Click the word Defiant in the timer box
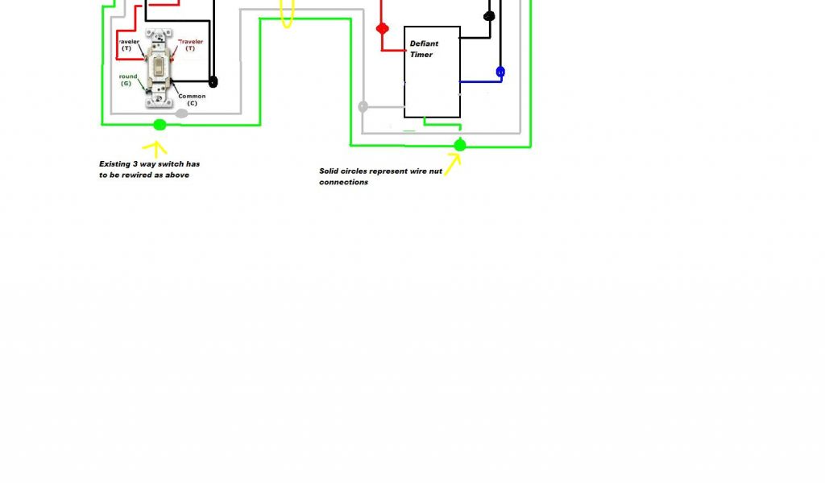424,44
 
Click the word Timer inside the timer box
421,55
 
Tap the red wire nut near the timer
383,29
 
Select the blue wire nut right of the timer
500,72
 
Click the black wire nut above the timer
488,16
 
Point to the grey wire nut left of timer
363,106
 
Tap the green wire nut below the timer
460,146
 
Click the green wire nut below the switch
160,124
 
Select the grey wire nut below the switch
182,114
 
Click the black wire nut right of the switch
214,81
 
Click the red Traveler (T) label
190,44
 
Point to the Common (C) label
192,100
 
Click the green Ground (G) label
127,80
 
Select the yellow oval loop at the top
286,14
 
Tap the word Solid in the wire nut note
330,171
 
